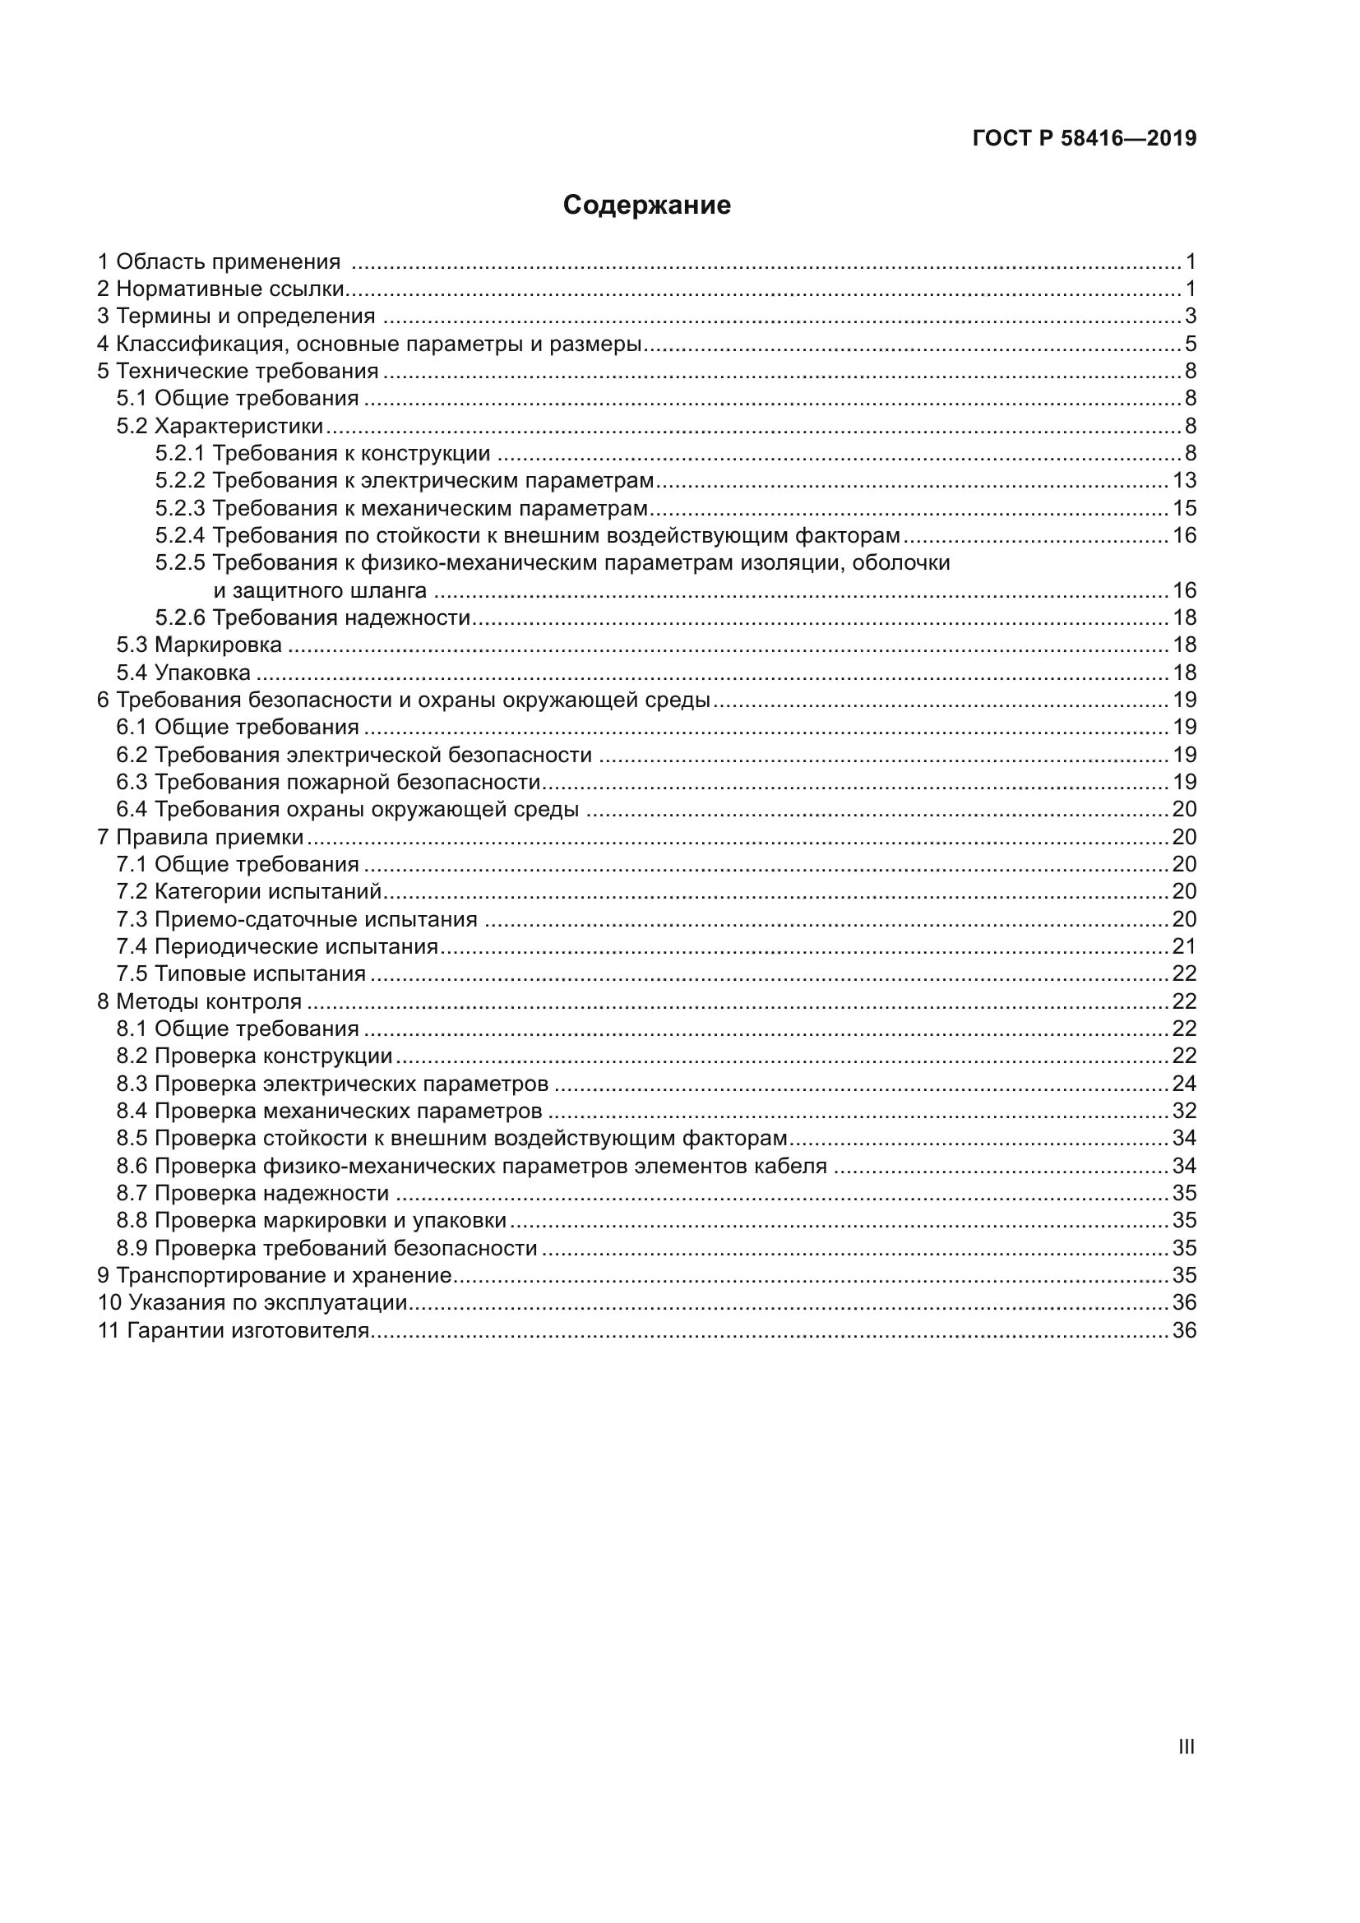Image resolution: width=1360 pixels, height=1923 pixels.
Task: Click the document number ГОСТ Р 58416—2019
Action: click(1084, 138)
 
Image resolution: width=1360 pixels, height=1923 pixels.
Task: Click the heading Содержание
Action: click(646, 206)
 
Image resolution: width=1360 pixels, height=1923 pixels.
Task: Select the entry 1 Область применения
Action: click(220, 262)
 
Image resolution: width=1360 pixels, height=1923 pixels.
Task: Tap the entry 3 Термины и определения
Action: click(236, 317)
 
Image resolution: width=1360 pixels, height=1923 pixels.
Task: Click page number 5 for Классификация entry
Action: click(1190, 344)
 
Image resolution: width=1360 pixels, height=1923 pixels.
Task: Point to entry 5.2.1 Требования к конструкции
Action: click(322, 454)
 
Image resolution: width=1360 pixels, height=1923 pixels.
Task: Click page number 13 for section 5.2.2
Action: click(1184, 481)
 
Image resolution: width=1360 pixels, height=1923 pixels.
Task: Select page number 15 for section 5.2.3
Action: click(1184, 508)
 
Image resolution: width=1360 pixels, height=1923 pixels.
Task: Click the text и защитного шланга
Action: click(320, 590)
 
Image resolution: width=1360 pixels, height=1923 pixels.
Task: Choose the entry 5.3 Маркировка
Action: click(199, 645)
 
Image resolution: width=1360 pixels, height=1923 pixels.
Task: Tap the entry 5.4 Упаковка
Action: click(183, 673)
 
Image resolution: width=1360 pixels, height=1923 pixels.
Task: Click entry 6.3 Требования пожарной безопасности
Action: click(328, 782)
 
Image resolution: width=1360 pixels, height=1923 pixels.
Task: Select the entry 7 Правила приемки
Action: click(201, 837)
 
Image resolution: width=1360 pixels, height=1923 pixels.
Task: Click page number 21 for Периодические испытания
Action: click(1184, 946)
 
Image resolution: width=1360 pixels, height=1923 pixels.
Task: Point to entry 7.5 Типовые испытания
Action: click(241, 974)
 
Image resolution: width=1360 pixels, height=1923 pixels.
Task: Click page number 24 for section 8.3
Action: click(1184, 1084)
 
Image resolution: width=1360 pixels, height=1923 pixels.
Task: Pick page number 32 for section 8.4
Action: click(1184, 1112)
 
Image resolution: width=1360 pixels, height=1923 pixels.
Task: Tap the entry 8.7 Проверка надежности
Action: click(253, 1194)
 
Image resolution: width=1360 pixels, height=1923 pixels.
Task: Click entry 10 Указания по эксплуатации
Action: click(253, 1303)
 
